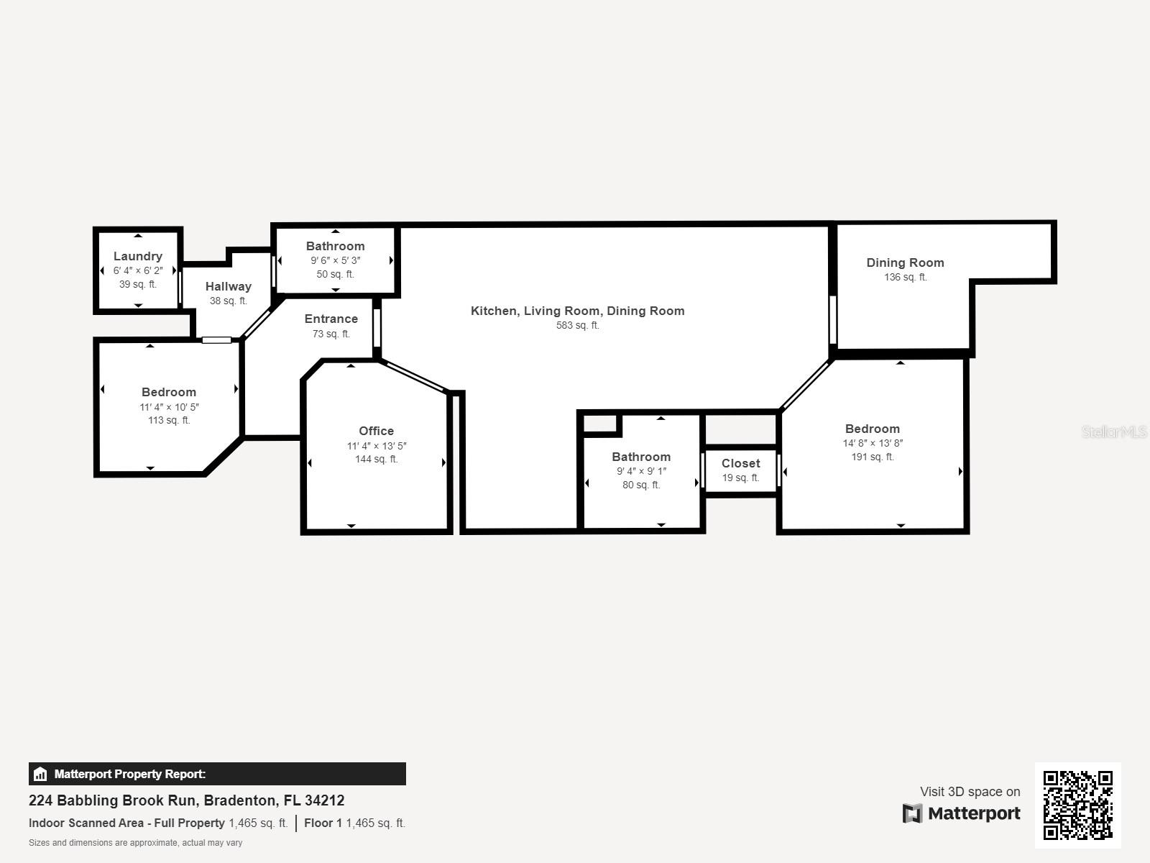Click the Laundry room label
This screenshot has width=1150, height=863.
(138, 256)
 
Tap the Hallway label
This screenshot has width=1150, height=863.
(228, 286)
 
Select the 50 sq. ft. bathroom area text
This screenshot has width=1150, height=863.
(335, 274)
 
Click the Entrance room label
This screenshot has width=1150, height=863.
(331, 319)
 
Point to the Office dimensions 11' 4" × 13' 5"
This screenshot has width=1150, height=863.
(376, 446)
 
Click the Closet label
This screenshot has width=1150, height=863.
(740, 463)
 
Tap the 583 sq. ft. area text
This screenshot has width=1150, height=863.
(577, 325)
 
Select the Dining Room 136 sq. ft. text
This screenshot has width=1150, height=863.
(905, 277)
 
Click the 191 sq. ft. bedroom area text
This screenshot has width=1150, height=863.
(872, 457)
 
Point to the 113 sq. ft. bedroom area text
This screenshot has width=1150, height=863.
(169, 420)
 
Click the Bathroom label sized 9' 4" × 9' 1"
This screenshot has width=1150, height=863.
(641, 457)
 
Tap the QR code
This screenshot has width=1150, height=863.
(1077, 805)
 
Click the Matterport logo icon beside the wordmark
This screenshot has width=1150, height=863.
(912, 813)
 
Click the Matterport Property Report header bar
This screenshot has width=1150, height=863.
(217, 774)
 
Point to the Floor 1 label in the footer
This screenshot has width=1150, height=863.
(323, 823)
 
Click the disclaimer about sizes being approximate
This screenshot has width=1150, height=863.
(135, 843)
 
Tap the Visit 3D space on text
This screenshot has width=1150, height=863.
(970, 791)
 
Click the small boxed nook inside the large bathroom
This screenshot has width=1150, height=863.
(601, 424)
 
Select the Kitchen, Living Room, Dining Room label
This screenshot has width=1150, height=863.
(577, 311)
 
